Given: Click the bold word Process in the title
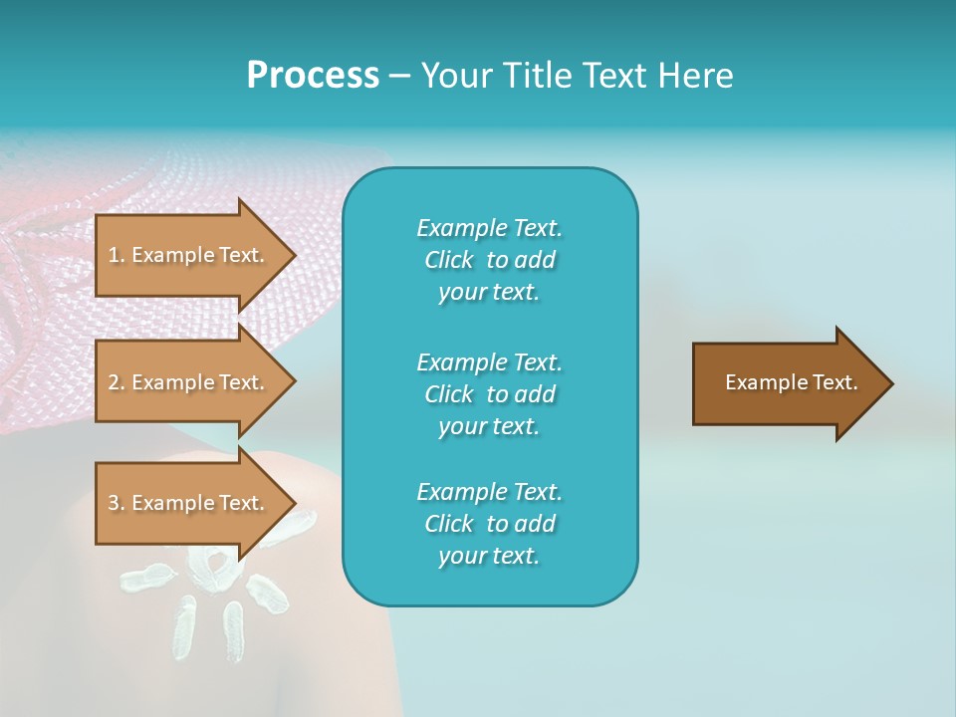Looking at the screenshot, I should tap(313, 76).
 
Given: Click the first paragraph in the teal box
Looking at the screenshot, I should tap(489, 260).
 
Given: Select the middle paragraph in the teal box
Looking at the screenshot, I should tap(489, 394).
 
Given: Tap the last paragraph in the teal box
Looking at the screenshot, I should tap(489, 524).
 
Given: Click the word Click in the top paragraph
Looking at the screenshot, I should tap(449, 260).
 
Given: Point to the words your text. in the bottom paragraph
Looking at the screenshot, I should tap(489, 556).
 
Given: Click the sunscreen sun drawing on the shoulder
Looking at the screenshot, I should tap(214, 588).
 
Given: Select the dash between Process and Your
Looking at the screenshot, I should tap(399, 76).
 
